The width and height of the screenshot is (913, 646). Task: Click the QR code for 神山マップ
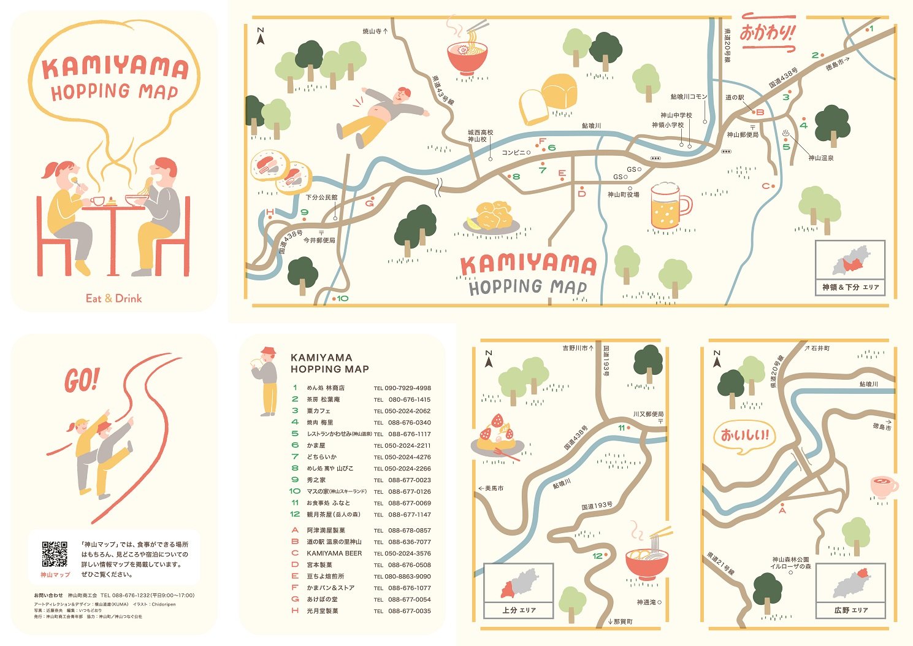[55, 554]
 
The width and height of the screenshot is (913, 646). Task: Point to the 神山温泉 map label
[820, 158]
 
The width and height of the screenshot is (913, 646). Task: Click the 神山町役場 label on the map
[623, 194]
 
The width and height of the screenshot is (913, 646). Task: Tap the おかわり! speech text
[767, 31]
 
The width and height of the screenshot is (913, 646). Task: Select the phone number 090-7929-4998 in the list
[407, 388]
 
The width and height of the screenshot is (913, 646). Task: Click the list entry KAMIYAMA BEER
[334, 553]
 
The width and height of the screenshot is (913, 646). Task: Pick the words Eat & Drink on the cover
[113, 299]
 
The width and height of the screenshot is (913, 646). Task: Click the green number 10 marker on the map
[342, 298]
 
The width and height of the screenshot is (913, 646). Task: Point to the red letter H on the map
[270, 213]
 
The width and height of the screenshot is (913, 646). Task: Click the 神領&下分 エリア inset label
[850, 287]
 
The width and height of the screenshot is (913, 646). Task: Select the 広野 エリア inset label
[850, 610]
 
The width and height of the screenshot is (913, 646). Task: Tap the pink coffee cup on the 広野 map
[883, 486]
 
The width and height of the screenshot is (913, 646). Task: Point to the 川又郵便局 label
[648, 414]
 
